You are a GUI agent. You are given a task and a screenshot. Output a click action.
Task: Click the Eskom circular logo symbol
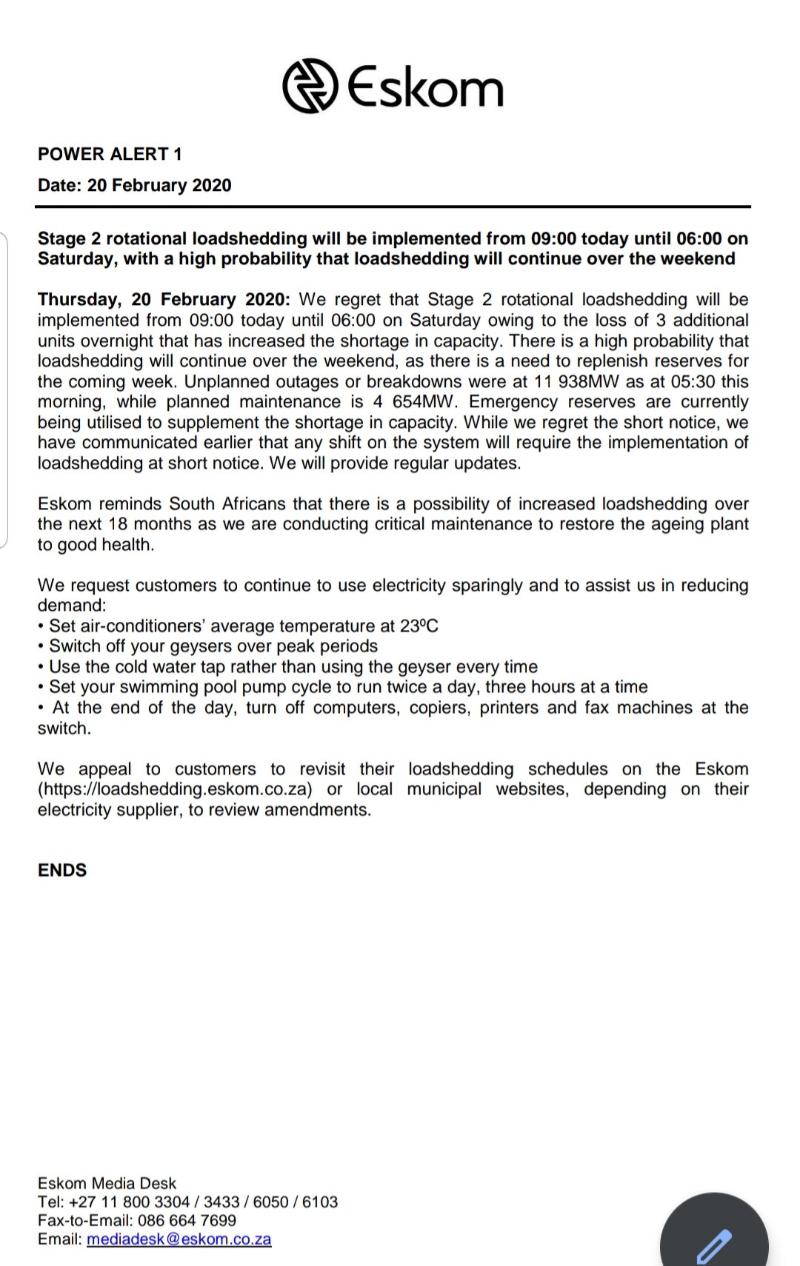(x=310, y=86)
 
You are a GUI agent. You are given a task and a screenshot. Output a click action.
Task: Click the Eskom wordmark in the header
(x=425, y=87)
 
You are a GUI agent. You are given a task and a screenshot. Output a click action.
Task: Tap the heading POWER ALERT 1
(x=110, y=154)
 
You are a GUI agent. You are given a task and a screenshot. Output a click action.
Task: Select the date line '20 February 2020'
(x=159, y=185)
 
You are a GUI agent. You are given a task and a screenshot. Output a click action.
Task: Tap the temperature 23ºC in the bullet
(x=419, y=626)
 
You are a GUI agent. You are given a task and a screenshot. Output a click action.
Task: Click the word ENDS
(x=62, y=870)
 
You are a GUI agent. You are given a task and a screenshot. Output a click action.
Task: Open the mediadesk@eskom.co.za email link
(x=179, y=1239)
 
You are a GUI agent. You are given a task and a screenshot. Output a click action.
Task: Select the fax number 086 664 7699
(x=187, y=1220)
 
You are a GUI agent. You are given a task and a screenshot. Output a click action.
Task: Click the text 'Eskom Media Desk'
(x=107, y=1183)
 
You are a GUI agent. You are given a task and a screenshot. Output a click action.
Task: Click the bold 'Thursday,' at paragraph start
(x=79, y=300)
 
